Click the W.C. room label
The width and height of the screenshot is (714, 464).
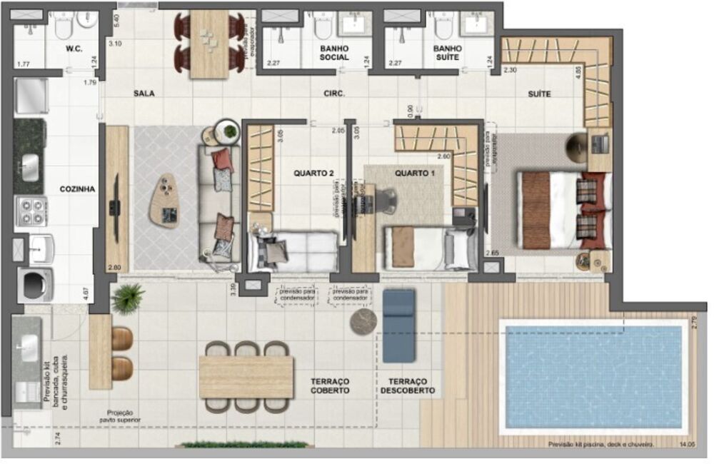tap(75, 49)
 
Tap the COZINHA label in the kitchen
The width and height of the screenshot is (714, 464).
tap(78, 188)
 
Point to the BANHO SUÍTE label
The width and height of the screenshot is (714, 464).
tap(448, 53)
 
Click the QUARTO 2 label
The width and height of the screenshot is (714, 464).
tap(313, 173)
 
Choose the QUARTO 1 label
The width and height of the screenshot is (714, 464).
tap(415, 173)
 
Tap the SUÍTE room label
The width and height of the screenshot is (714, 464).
tap(539, 94)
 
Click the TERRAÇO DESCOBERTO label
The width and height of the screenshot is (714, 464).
tap(407, 386)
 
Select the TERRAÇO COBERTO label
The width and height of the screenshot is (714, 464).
tap(330, 386)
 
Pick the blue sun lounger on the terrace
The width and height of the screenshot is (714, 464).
tap(398, 325)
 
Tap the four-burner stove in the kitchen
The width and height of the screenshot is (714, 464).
tap(31, 211)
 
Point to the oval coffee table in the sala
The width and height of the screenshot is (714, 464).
tap(166, 201)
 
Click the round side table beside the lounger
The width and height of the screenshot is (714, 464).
tap(363, 321)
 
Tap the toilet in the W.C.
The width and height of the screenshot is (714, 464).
tap(62, 26)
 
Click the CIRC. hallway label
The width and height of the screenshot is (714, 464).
tap(334, 94)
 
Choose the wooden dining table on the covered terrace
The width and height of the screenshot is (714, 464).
tap(246, 376)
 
